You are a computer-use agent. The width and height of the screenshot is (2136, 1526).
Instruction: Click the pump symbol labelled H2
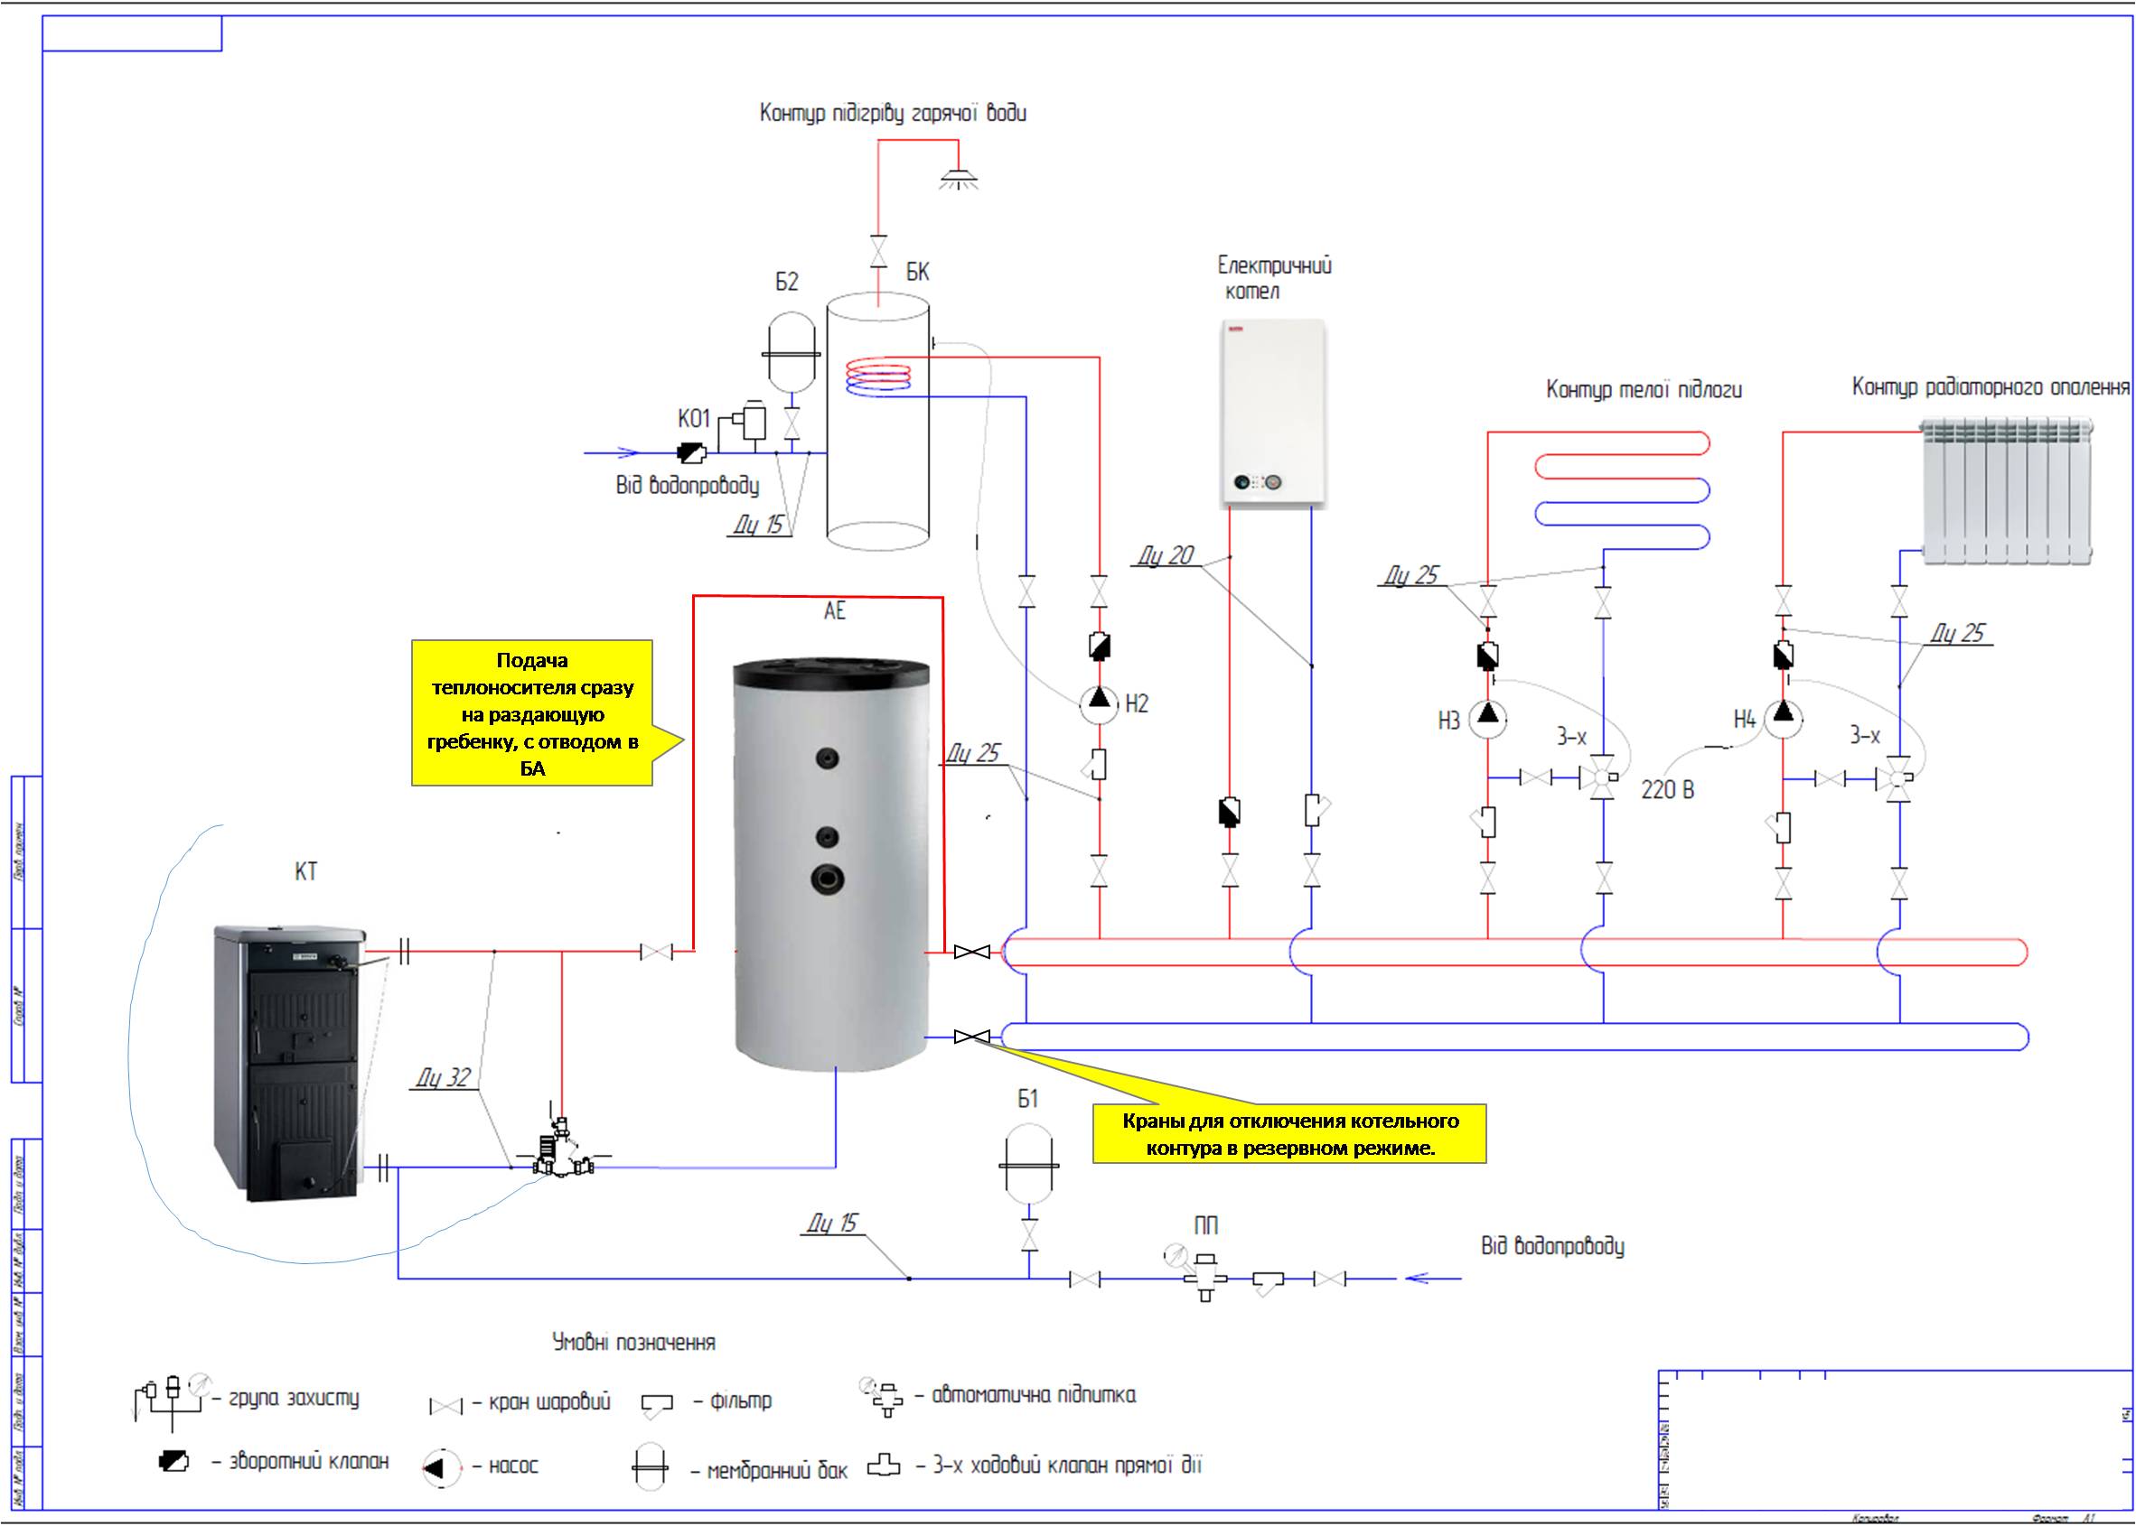1099,703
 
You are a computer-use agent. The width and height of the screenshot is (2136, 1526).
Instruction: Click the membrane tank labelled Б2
790,353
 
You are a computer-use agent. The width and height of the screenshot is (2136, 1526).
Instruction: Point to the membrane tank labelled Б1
1028,1165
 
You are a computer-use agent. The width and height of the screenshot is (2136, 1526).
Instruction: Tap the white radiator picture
2006,492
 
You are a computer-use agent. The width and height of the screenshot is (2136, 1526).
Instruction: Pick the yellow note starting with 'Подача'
532,712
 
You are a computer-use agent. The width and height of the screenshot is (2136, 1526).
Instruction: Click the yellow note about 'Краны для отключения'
1289,1133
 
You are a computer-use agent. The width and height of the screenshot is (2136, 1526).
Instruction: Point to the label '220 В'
1668,790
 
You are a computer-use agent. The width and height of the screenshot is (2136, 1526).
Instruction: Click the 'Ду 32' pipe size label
443,1078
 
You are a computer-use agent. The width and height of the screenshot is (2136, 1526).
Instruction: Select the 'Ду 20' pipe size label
1166,555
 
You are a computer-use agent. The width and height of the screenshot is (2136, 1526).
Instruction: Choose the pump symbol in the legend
442,1466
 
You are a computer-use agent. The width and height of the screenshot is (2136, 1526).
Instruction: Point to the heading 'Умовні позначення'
632,1342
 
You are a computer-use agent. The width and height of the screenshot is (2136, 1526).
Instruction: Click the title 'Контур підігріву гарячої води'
892,114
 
